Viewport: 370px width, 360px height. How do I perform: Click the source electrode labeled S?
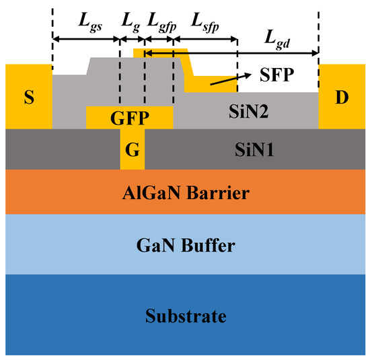28,97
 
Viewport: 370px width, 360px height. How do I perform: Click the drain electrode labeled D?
342,97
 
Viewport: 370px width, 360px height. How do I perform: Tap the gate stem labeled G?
133,149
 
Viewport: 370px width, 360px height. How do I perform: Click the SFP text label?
276,75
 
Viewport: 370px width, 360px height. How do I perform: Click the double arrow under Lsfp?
205,40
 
